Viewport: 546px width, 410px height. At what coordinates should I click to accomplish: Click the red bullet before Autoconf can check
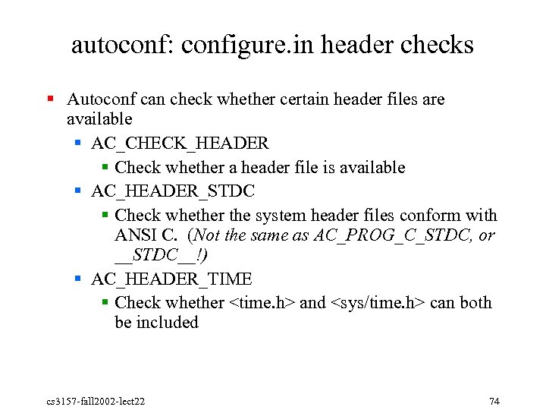(x=50, y=99)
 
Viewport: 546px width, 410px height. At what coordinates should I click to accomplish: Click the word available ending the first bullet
(x=99, y=119)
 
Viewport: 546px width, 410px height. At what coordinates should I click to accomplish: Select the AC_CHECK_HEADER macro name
(x=180, y=143)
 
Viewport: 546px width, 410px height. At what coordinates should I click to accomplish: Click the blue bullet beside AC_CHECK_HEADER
(x=79, y=143)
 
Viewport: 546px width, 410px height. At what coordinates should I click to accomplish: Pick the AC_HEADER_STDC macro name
(x=173, y=191)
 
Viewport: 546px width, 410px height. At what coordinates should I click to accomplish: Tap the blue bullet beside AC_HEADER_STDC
(x=79, y=190)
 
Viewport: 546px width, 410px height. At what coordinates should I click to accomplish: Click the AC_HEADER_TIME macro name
(x=171, y=279)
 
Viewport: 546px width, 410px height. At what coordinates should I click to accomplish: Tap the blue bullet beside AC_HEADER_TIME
(x=79, y=279)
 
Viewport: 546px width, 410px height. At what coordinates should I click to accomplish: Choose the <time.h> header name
(x=262, y=303)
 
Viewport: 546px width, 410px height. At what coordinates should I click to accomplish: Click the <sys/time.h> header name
(x=378, y=303)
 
